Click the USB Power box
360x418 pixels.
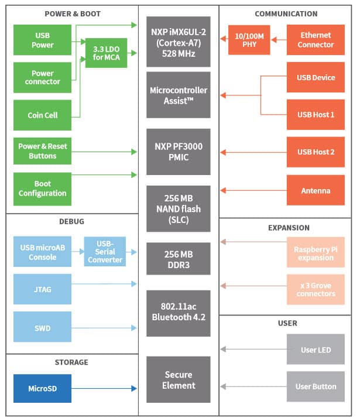pyautogui.click(x=42, y=40)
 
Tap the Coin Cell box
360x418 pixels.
pyautogui.click(x=42, y=115)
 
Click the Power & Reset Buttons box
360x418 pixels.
pyautogui.click(x=42, y=152)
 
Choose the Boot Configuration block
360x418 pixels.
pyautogui.click(x=42, y=189)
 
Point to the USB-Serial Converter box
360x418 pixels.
pyautogui.click(x=105, y=251)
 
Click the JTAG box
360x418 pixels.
pyautogui.click(x=42, y=289)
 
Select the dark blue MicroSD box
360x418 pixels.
pyautogui.click(x=42, y=388)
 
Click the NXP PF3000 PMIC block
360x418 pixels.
pyautogui.click(x=179, y=152)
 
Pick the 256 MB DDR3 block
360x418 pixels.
pyautogui.click(x=179, y=259)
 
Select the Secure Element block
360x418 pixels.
pyautogui.click(x=179, y=379)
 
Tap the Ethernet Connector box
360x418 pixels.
pyautogui.click(x=316, y=40)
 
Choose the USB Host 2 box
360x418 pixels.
pyautogui.click(x=316, y=152)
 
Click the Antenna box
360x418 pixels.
pyautogui.click(x=316, y=190)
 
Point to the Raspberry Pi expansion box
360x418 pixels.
pyautogui.click(x=316, y=253)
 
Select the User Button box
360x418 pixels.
pyautogui.click(x=316, y=386)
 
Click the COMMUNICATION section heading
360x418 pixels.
pyautogui.click(x=286, y=13)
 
